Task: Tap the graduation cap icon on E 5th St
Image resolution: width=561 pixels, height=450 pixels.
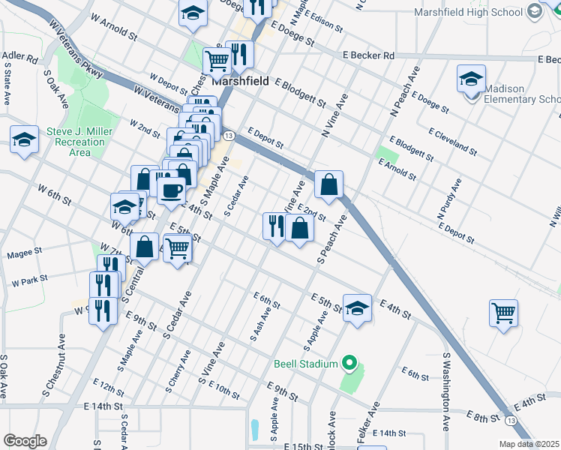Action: pos(357,307)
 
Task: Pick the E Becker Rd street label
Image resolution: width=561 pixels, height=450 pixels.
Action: pos(368,55)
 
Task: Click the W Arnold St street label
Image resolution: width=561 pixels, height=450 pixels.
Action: pos(113,36)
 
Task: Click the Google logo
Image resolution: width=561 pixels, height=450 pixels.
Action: pos(24,440)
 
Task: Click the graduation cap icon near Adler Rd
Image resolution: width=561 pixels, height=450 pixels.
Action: pos(24,139)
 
